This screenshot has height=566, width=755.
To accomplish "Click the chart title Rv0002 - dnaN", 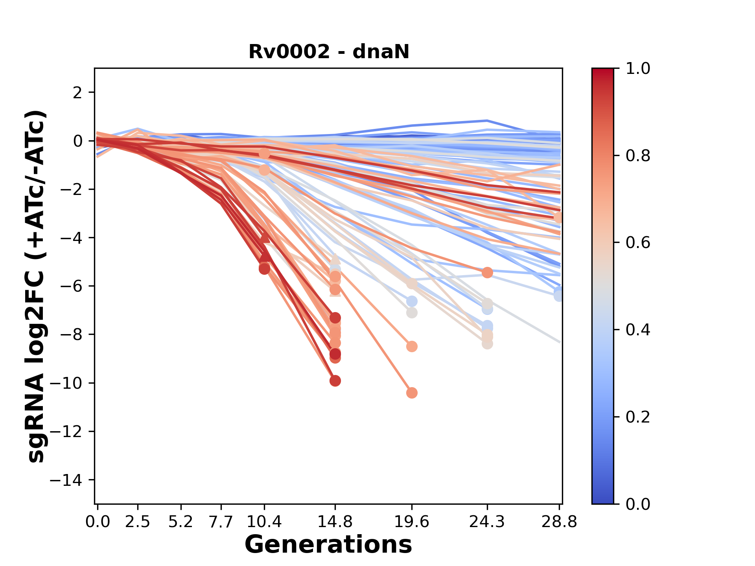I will [329, 51].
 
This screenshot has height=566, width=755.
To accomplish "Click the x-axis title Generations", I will [328, 545].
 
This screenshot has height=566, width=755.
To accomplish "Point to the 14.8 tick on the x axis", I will [335, 522].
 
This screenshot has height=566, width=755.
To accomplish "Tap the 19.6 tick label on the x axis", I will [412, 522].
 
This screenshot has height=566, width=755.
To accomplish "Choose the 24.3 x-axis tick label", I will [487, 522].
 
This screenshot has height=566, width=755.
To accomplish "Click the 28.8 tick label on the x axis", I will [559, 522].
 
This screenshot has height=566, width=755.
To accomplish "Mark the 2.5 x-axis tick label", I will [138, 522].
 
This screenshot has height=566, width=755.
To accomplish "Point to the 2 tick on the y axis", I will [77, 92].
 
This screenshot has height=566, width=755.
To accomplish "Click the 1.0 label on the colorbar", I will [638, 69].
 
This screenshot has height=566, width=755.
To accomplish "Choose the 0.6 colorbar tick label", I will [638, 243].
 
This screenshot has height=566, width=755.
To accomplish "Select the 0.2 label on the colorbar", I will [638, 417].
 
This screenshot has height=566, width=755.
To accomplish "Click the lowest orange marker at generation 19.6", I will [412, 393].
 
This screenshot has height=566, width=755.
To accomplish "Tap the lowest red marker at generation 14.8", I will [335, 380].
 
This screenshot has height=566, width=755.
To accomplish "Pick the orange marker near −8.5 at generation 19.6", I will [412, 347].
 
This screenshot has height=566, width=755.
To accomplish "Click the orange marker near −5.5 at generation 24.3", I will [487, 272].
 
